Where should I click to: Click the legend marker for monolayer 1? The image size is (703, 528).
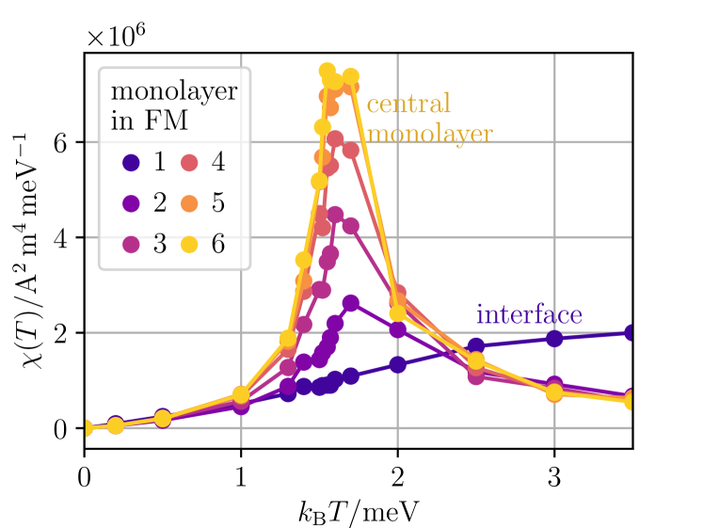pos(133,162)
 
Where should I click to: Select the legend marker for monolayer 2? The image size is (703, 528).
pos(133,203)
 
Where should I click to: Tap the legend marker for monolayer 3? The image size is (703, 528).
pos(133,245)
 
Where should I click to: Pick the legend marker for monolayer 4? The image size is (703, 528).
pos(189,162)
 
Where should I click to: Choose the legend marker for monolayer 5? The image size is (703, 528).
pos(189,203)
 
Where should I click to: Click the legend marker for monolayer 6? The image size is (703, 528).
pos(189,245)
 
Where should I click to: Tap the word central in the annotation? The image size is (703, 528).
pos(408,104)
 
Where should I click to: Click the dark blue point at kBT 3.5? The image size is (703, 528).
pos(631,333)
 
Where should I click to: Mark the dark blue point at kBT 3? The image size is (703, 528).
pos(554,339)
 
